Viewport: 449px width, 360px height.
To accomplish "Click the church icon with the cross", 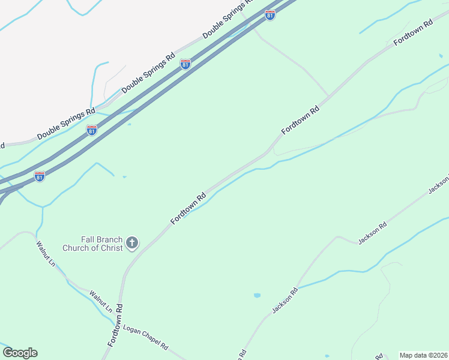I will pos(132,243).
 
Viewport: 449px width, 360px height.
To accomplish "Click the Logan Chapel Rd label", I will pos(146,339).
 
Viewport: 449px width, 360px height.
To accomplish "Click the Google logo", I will pos(20,353).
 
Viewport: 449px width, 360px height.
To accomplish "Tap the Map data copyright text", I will pos(423,355).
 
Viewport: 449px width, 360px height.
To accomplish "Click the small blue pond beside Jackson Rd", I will pos(258,295).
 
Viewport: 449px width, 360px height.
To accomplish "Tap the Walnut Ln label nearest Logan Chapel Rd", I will pos(101,302).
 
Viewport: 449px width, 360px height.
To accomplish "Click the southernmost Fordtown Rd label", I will pos(115,324).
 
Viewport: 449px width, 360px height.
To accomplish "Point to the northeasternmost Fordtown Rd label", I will pos(413,33).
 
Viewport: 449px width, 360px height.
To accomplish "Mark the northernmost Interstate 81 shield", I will pos(270,15).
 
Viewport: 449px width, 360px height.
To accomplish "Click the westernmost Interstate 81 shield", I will pos(40,176).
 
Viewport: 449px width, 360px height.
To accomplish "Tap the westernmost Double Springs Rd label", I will pos(66,123).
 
